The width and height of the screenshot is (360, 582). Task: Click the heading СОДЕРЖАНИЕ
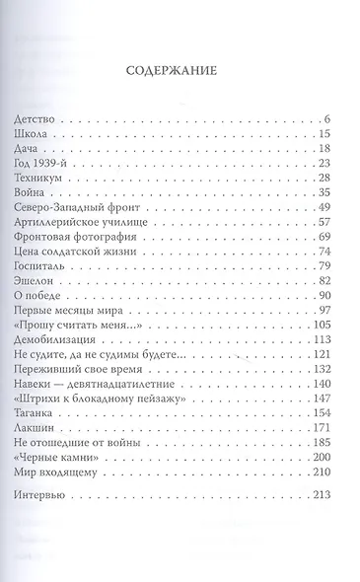(x=180, y=71)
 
